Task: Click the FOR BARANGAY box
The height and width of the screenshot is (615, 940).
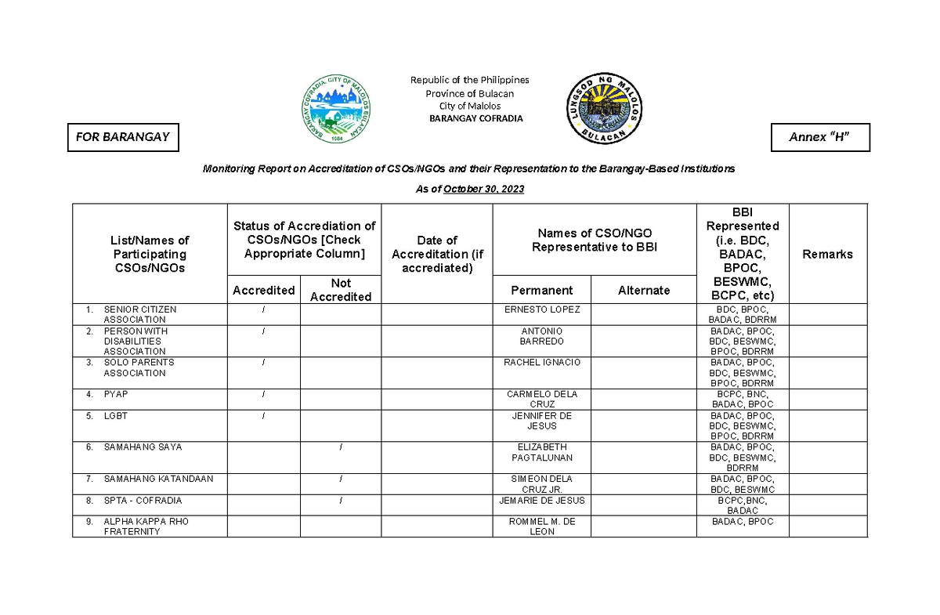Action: click(x=122, y=137)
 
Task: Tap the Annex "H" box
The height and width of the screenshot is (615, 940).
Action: click(x=820, y=137)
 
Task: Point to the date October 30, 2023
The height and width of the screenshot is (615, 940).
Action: click(x=483, y=190)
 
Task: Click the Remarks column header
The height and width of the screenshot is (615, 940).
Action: click(x=827, y=254)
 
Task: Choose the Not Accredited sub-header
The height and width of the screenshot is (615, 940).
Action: click(x=340, y=290)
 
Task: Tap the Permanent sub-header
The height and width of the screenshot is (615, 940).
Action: click(x=541, y=290)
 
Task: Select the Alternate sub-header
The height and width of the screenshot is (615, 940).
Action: click(x=643, y=290)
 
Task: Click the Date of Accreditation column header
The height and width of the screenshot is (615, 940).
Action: click(x=436, y=254)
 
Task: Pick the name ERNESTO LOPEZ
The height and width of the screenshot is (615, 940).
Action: click(x=541, y=309)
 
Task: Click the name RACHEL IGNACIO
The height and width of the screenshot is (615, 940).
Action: click(x=541, y=363)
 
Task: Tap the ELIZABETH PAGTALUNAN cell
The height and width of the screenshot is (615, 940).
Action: click(x=541, y=452)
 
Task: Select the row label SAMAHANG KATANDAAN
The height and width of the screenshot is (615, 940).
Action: click(x=158, y=479)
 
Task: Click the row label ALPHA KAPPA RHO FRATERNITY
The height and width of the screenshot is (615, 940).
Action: click(x=146, y=526)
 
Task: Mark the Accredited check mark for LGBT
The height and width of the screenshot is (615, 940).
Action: click(x=264, y=416)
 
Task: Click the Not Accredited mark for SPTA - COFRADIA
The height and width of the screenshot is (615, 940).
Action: click(x=341, y=500)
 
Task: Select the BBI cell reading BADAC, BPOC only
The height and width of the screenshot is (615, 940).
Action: click(x=742, y=522)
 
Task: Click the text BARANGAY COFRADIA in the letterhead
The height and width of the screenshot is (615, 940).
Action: click(x=475, y=119)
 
